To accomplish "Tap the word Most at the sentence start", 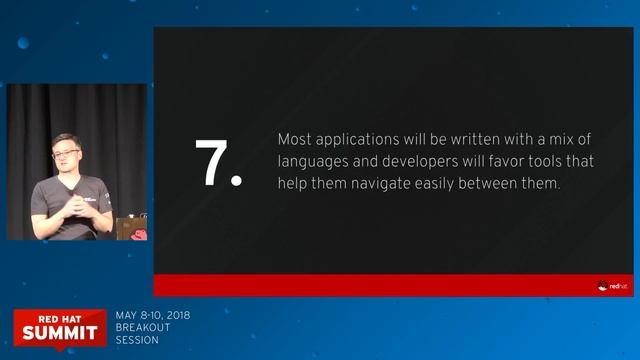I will click(x=293, y=140).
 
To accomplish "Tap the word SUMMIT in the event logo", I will click(x=60, y=331).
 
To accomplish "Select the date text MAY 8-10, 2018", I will click(x=153, y=316).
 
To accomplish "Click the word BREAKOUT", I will click(x=143, y=327).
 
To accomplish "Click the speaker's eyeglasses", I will click(x=65, y=154).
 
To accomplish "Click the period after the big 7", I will click(x=237, y=182).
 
